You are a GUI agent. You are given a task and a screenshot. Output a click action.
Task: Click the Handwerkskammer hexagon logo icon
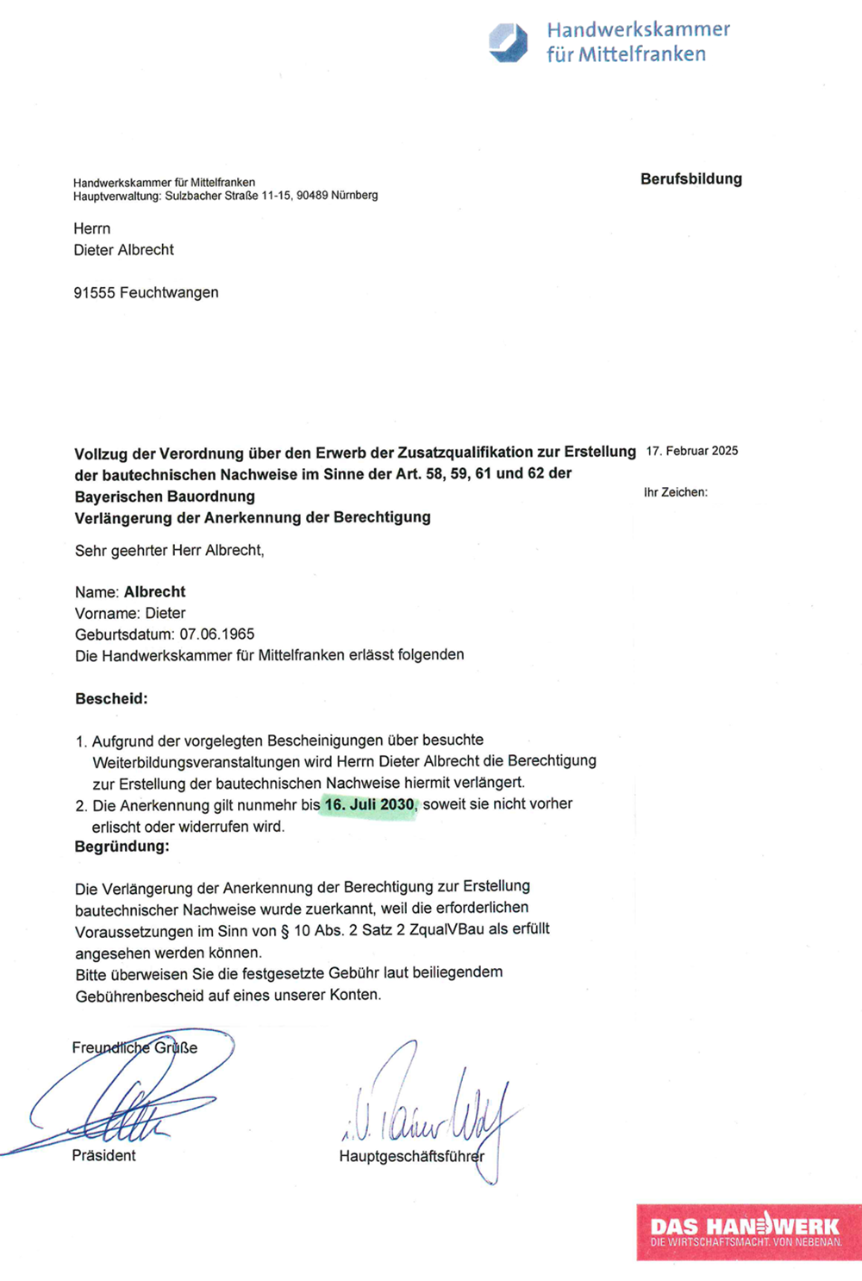(x=509, y=42)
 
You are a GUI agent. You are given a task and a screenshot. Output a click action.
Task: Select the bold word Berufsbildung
(x=690, y=179)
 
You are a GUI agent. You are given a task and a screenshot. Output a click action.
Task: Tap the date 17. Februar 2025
(x=691, y=451)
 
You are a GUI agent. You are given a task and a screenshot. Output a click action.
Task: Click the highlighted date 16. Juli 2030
(x=369, y=805)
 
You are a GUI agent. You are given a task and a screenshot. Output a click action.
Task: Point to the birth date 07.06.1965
(x=216, y=634)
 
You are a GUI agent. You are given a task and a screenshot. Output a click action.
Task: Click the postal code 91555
(x=94, y=293)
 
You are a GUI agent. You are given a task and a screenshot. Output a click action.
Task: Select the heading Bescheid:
(x=111, y=699)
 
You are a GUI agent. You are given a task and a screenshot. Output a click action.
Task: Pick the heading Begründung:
(x=122, y=847)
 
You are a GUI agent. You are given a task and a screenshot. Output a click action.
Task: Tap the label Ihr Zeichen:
(x=675, y=492)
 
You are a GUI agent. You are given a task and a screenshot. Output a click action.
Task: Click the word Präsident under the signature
(x=103, y=1156)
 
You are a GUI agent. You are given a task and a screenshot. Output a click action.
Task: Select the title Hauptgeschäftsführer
(x=411, y=1157)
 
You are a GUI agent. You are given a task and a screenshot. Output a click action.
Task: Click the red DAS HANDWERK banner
(x=746, y=1232)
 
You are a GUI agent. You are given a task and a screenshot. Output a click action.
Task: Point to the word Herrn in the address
(x=91, y=229)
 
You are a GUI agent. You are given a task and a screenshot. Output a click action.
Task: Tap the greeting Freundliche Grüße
(x=134, y=1048)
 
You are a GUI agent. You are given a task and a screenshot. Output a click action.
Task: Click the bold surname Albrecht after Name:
(x=154, y=592)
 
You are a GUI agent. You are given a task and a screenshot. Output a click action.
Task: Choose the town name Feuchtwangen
(x=169, y=293)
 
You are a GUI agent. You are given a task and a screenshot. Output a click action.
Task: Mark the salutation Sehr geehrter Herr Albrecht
(x=169, y=551)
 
